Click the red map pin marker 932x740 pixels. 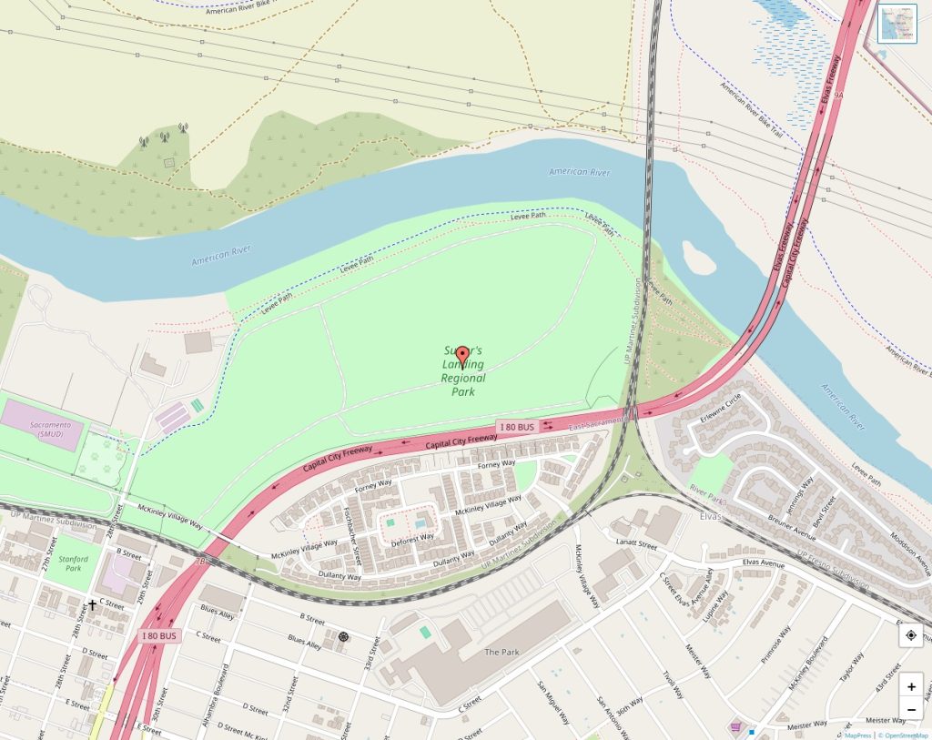click(x=462, y=356)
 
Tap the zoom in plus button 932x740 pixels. click(x=911, y=686)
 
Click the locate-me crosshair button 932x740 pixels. click(x=911, y=635)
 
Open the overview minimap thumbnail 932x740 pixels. click(x=897, y=24)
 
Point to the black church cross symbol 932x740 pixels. click(x=92, y=604)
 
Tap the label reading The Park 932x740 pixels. click(x=501, y=652)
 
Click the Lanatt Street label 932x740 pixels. click(x=635, y=545)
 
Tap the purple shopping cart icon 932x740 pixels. click(x=734, y=726)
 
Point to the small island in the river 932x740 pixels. click(x=698, y=258)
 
